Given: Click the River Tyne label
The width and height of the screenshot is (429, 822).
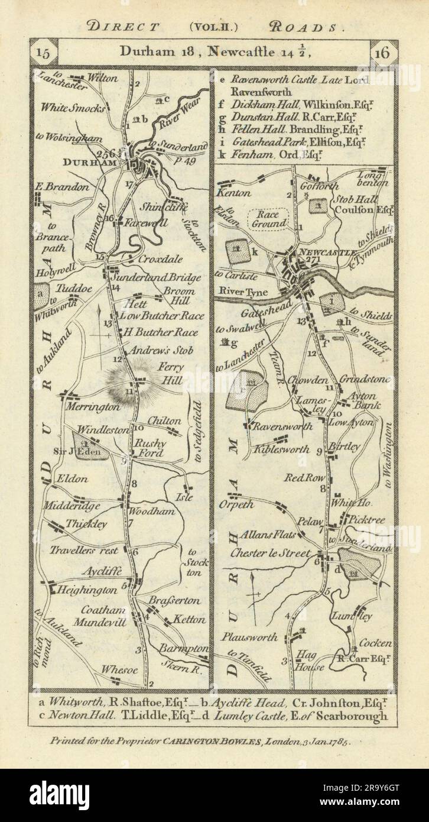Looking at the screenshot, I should [243, 291].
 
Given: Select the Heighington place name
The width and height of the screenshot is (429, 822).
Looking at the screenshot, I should [87, 590].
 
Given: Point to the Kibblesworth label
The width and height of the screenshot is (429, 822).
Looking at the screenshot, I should [282, 449].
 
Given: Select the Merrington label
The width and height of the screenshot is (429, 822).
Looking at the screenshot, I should [93, 407].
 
